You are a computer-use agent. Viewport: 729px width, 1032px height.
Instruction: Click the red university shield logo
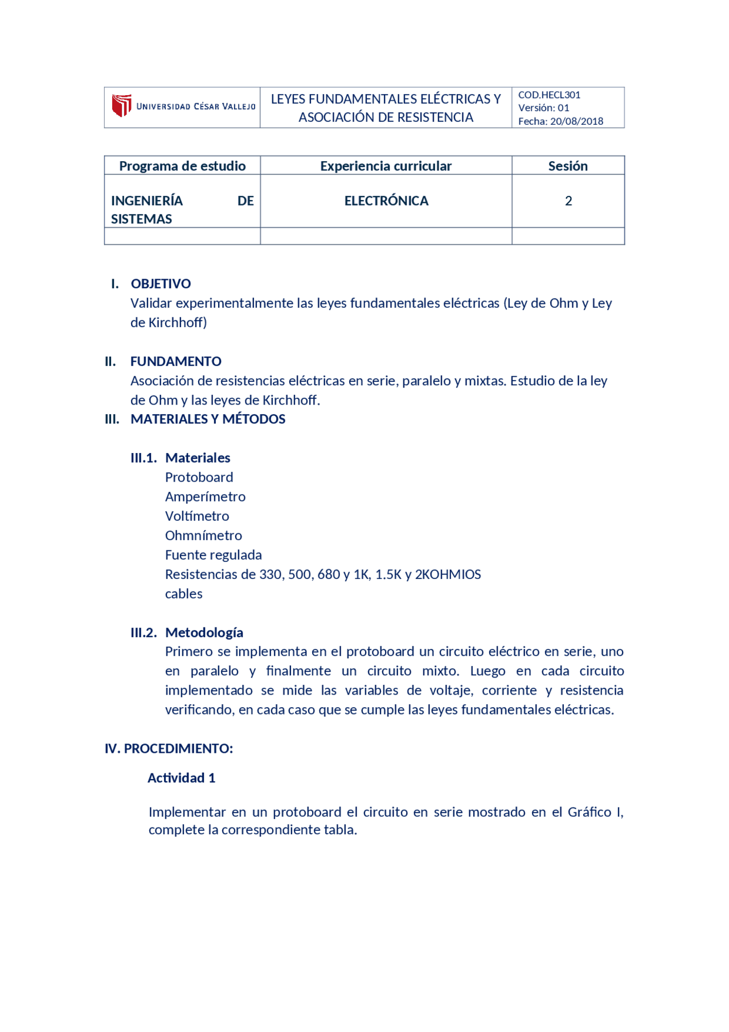click(121, 105)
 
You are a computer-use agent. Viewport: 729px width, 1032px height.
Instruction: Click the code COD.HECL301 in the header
click(549, 95)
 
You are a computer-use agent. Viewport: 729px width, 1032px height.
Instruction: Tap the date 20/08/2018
click(576, 121)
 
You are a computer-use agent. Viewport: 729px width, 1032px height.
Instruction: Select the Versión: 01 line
click(543, 108)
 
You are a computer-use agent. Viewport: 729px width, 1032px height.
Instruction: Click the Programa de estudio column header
click(182, 166)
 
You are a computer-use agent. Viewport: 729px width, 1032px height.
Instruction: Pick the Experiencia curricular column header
click(386, 166)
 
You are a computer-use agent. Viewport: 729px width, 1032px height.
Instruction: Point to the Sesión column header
click(568, 166)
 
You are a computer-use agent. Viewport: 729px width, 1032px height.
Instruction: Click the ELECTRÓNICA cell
click(386, 201)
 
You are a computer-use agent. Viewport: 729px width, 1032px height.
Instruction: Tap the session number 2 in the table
click(568, 201)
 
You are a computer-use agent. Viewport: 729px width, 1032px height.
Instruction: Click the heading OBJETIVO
click(161, 284)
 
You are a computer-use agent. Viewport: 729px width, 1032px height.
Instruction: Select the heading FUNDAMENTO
click(175, 361)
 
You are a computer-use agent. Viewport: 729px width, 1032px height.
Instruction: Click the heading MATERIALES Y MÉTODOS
click(208, 419)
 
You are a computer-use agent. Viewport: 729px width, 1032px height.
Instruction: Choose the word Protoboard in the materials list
click(199, 477)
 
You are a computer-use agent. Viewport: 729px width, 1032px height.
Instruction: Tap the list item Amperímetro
click(205, 496)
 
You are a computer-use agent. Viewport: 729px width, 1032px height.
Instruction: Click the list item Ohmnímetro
click(203, 535)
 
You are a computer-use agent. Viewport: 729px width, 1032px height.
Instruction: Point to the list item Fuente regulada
click(213, 554)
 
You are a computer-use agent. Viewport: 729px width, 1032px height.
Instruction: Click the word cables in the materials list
click(183, 593)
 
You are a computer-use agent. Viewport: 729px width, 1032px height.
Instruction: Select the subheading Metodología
click(204, 632)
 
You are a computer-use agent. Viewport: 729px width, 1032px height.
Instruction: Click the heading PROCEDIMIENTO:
click(178, 748)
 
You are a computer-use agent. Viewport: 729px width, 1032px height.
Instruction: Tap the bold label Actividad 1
click(181, 778)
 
